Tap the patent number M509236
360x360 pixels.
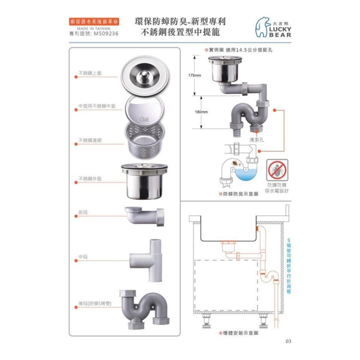tap(105, 34)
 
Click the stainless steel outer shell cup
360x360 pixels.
tap(143, 182)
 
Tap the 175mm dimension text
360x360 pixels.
tap(195, 76)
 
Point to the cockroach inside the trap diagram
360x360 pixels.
tap(235, 164)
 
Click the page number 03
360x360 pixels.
tap(288, 341)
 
